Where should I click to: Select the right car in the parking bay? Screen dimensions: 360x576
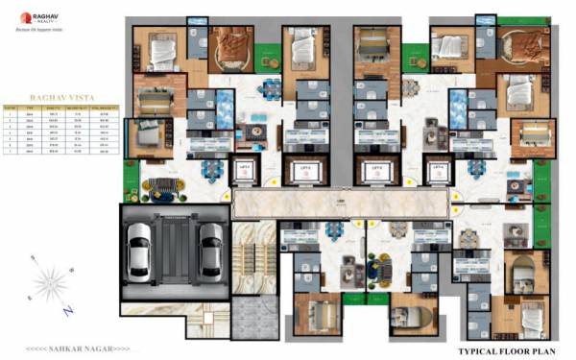click(x=209, y=249)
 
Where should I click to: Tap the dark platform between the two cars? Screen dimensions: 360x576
click(x=175, y=249)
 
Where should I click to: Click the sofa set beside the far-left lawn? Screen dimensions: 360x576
click(x=160, y=183)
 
